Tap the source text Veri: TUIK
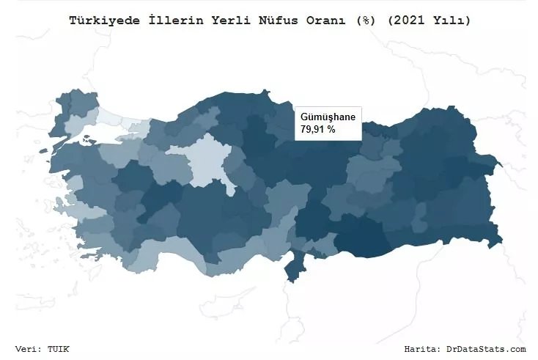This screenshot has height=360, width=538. [x=42, y=348]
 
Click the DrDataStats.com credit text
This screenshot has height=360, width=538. [x=486, y=348]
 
